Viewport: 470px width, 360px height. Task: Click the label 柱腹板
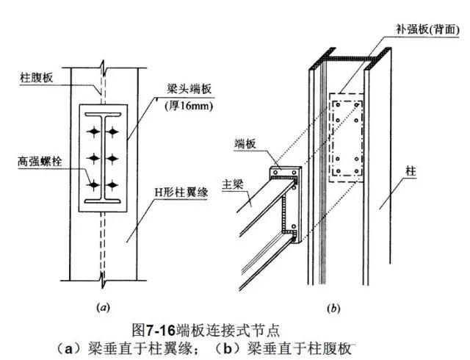[37, 78]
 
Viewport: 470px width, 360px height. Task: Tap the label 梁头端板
[189, 89]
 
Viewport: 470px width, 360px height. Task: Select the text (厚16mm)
[189, 107]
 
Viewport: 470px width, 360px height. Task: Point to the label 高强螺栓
[40, 162]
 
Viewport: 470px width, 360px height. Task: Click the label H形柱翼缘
[181, 192]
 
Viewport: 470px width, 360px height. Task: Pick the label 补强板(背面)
[427, 29]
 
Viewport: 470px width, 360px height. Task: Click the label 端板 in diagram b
[245, 144]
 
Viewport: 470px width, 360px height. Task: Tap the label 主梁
[232, 184]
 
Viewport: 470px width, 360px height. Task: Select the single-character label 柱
[411, 171]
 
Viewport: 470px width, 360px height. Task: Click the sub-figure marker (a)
[103, 307]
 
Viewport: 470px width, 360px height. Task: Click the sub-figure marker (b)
[333, 308]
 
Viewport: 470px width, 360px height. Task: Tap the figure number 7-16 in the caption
[161, 331]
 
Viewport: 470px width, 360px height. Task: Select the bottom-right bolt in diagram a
[112, 185]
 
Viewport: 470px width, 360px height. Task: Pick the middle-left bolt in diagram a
[94, 158]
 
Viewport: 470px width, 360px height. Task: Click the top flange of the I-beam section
[103, 115]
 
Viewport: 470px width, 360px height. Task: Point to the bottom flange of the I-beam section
[103, 201]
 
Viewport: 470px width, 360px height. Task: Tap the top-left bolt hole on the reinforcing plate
[338, 105]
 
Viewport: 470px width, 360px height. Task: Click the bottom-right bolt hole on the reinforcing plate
[357, 171]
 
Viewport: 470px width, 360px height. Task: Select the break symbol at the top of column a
[104, 68]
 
